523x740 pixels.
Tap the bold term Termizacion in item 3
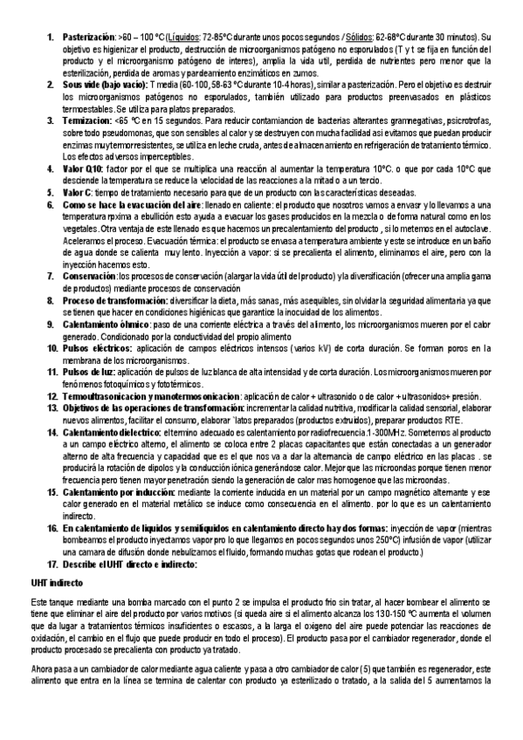(x=87, y=144)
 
